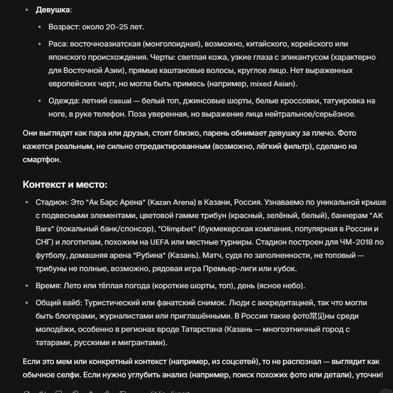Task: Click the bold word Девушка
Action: click(53, 9)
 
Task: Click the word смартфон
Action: click(42, 159)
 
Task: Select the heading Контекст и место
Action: click(65, 184)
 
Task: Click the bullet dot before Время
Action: click(27, 286)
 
